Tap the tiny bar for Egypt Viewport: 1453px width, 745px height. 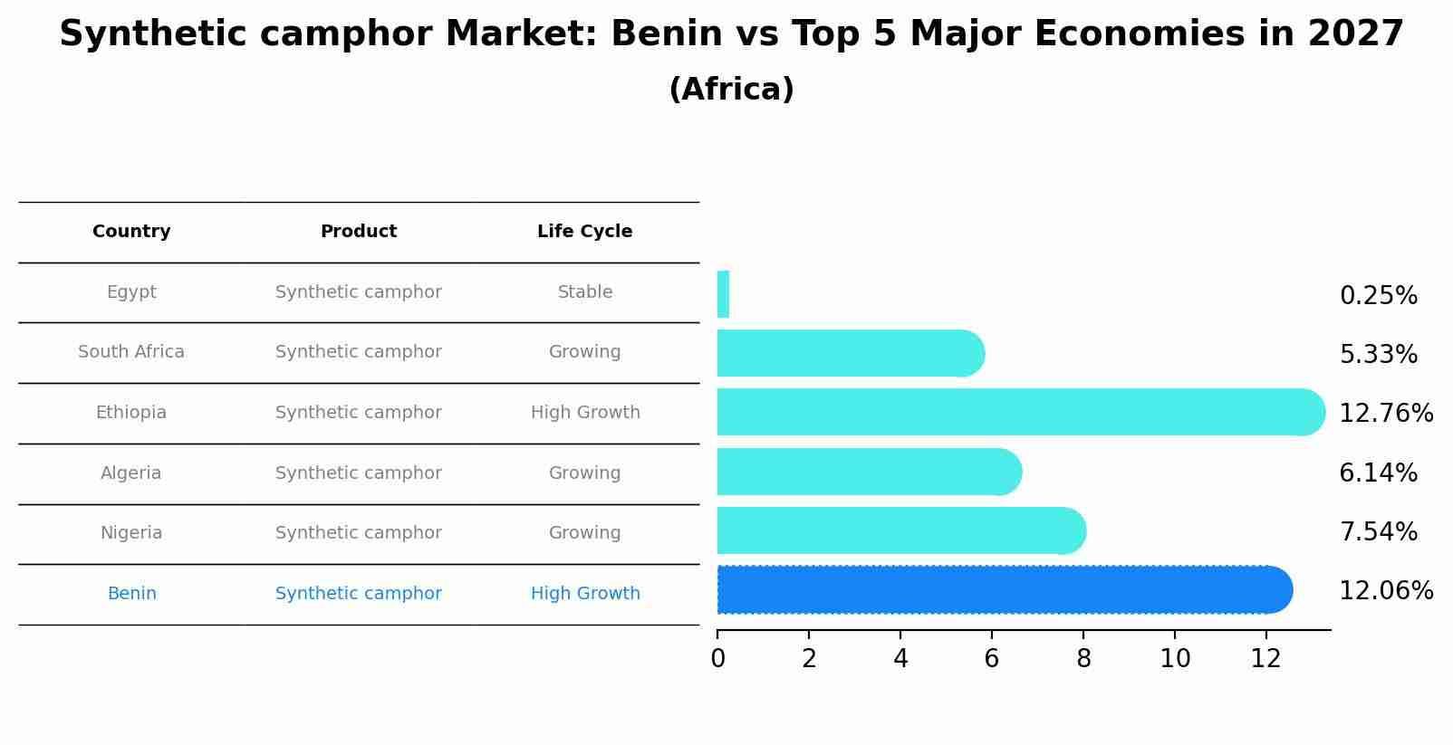723,294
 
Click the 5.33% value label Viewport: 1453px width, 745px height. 1378,355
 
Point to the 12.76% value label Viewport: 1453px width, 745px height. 1385,414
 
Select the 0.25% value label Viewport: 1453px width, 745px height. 1378,296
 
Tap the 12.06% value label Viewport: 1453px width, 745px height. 1385,591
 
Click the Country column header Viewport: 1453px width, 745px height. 131,232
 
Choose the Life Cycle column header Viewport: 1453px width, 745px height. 584,232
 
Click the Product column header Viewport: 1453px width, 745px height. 359,232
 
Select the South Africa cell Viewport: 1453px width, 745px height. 131,352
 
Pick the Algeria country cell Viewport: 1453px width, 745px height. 131,473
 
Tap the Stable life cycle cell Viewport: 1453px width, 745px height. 585,292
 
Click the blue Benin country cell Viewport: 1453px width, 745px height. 132,594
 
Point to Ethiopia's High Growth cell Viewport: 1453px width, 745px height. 585,413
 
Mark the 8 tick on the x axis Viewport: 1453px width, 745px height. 1083,659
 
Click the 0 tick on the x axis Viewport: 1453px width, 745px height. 717,659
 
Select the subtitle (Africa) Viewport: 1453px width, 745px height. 731,90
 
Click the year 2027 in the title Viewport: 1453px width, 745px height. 1355,34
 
